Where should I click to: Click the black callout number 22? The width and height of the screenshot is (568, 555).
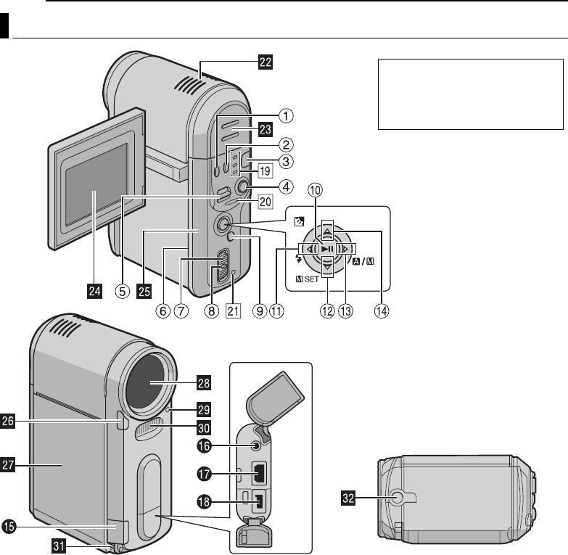coord(266,62)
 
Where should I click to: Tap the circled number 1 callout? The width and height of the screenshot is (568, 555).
coord(286,116)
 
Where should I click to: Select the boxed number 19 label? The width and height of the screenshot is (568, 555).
coord(266,170)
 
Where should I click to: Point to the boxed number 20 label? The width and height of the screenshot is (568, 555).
coord(266,202)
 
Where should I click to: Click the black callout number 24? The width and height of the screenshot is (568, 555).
coord(94,291)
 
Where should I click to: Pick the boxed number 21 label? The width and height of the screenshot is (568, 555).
coord(233,311)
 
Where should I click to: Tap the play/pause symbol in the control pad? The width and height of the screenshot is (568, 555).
coord(327,249)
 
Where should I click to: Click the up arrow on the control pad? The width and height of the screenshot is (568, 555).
coord(327,231)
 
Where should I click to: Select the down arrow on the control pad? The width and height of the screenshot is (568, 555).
coord(327,267)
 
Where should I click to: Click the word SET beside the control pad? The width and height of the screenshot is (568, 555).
coord(311,279)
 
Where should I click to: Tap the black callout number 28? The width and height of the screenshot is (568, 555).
coord(204,383)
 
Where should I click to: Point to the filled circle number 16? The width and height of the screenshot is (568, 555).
coord(204,446)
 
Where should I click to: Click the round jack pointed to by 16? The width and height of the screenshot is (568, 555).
coord(257,446)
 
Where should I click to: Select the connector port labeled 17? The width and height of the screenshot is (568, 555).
coord(260,473)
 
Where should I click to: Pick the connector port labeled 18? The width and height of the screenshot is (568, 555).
coord(259,502)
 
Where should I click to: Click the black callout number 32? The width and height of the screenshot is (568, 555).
coord(348,498)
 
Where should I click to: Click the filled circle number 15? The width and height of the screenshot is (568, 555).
coord(9,527)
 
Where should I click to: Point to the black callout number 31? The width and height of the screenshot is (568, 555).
coord(59,546)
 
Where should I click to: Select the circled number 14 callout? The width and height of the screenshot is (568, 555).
coord(382,311)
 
